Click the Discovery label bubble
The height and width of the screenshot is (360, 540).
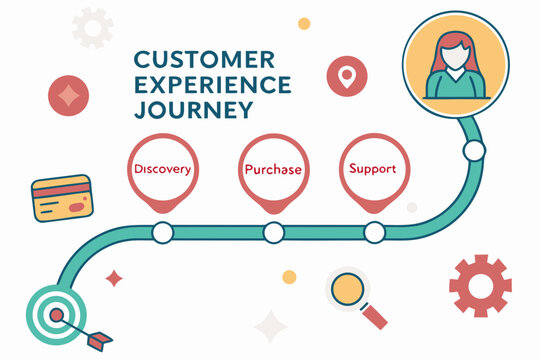(x=161, y=169)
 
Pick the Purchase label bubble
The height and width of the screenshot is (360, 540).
(x=273, y=169)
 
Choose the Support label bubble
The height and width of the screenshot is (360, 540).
(x=373, y=168)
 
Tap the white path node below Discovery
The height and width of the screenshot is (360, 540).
(x=162, y=233)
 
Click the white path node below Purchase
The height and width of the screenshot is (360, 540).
(x=273, y=233)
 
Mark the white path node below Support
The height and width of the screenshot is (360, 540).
(x=374, y=233)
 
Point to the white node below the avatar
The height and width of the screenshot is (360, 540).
(x=474, y=151)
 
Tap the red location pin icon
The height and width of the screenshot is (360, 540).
(x=346, y=75)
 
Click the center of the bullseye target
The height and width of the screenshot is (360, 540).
(x=47, y=312)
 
